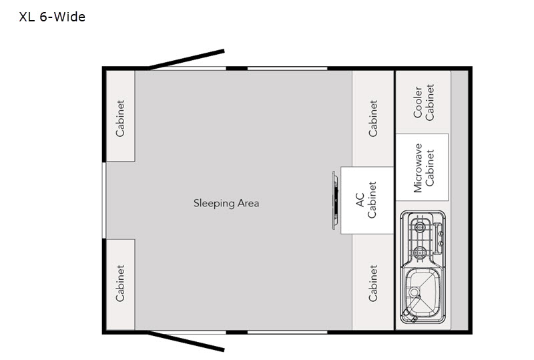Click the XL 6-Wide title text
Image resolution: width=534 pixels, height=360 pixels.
pos(52,17)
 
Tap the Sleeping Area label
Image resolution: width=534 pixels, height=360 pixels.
pos(226,203)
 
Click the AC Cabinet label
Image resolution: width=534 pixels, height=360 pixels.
pos(366,200)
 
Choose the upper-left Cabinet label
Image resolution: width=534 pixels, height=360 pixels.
pos(120,118)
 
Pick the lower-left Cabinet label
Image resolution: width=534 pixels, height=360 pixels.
pos(120,283)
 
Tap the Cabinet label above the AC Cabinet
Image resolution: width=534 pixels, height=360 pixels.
pos(373,118)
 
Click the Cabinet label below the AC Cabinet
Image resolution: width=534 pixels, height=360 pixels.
pos(373,283)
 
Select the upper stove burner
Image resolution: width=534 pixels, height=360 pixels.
pos(419,225)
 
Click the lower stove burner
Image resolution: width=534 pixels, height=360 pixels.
pos(419,252)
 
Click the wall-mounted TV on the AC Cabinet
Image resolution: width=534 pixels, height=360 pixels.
pos(335,200)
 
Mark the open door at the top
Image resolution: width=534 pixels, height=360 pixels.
pos(187,59)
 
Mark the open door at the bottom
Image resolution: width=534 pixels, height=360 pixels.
pos(187,341)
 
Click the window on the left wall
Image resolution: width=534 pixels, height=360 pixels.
pos(103,200)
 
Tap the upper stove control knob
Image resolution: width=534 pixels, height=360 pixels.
pos(439,230)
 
